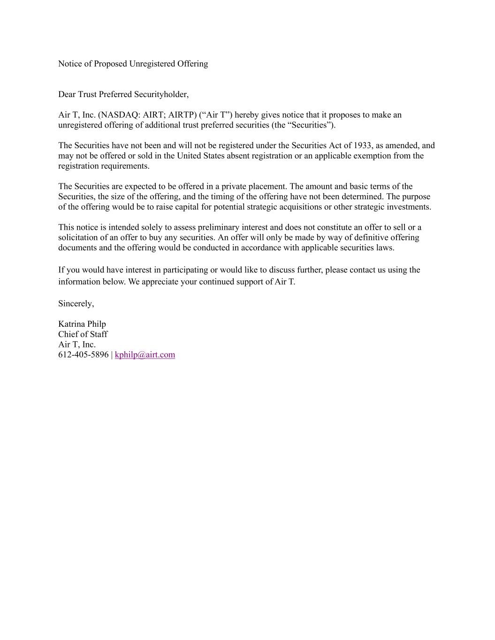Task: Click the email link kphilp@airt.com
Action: [145, 354]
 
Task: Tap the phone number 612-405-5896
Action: [83, 354]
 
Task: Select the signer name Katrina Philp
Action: [82, 324]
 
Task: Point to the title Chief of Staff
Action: [83, 334]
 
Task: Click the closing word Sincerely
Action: [76, 303]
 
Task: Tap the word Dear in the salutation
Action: [67, 94]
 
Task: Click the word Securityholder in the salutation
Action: [161, 94]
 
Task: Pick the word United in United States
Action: [189, 156]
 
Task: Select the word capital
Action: [187, 207]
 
